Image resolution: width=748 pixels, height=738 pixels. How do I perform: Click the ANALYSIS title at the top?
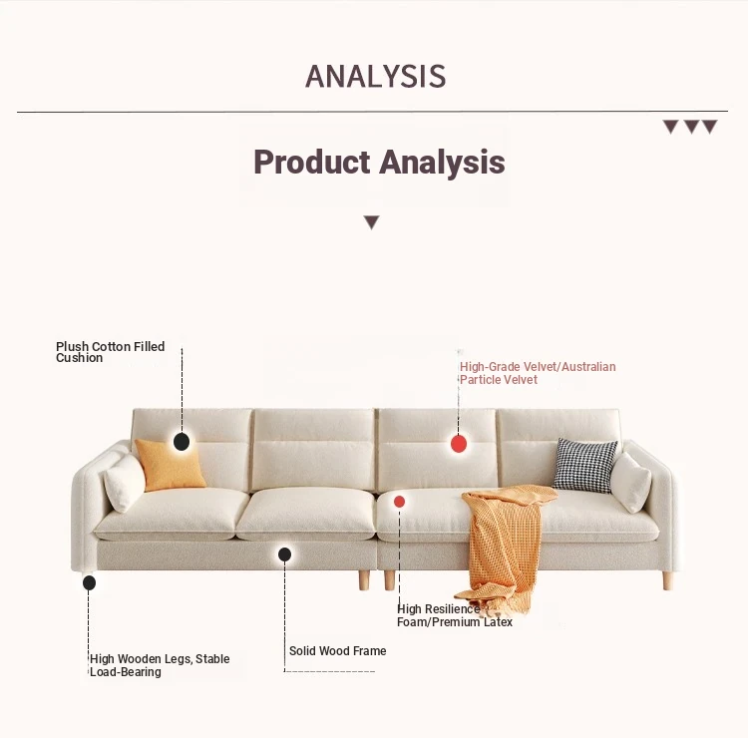click(x=375, y=77)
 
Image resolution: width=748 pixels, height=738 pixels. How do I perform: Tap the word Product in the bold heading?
click(x=311, y=162)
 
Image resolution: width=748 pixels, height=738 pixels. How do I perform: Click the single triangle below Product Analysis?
click(x=372, y=222)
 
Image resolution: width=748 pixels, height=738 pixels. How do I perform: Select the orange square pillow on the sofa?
click(x=171, y=465)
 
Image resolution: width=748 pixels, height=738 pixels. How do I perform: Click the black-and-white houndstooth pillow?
click(x=584, y=465)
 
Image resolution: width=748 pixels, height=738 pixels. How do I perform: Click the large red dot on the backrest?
click(x=459, y=444)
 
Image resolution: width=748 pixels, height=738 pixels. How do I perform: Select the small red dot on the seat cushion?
click(x=399, y=502)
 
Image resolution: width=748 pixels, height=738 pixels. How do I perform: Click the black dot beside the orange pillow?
click(x=182, y=442)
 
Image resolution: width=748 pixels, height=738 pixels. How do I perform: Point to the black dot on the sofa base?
click(x=285, y=554)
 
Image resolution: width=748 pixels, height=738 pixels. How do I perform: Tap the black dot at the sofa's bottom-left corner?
click(x=89, y=583)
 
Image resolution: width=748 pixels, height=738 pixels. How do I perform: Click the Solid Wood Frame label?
click(x=338, y=650)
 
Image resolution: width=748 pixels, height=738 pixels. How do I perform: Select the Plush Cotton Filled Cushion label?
click(x=110, y=352)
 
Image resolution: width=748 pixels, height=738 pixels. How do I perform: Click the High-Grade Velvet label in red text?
click(x=538, y=373)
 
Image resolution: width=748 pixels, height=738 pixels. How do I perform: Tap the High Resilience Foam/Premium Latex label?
click(x=455, y=615)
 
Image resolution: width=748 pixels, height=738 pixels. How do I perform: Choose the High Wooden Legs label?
click(x=160, y=665)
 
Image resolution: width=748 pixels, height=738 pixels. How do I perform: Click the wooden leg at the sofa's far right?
click(x=668, y=580)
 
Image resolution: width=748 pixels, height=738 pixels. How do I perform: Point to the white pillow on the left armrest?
click(x=124, y=482)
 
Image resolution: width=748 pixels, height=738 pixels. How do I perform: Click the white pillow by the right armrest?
click(x=630, y=482)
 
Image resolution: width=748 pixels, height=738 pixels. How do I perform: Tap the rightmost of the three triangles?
click(x=709, y=127)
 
